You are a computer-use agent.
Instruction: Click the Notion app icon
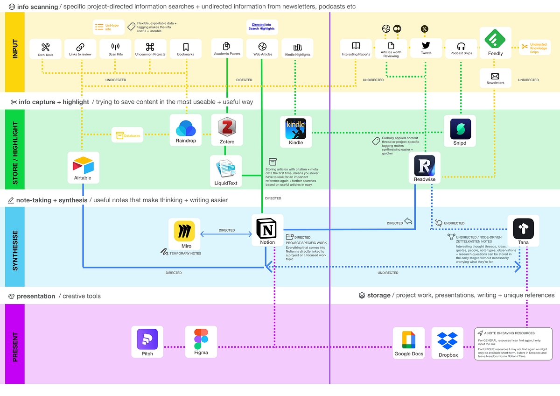267,229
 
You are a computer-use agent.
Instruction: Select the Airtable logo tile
83,165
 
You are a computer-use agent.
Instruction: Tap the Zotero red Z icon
227,127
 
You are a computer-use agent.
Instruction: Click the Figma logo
201,339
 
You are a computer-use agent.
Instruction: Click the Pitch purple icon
147,339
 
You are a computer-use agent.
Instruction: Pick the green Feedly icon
495,39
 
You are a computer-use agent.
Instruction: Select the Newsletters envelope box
495,78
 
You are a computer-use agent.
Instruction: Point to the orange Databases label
127,135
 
